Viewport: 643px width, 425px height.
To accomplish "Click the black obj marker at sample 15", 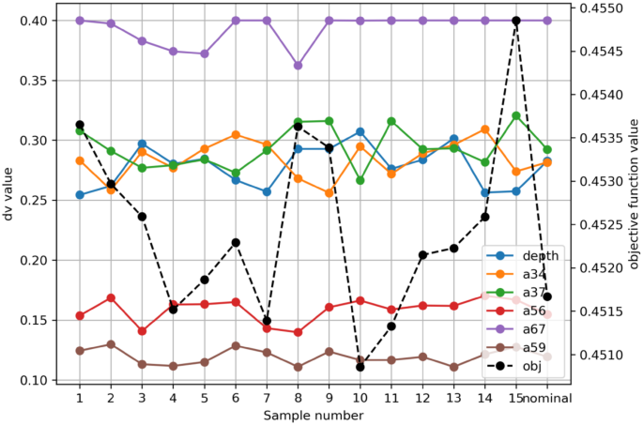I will pyautogui.click(x=516, y=21).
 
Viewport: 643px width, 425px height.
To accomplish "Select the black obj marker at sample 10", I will pyautogui.click(x=360, y=367).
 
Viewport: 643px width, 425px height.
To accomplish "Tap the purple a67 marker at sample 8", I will pyautogui.click(x=298, y=66).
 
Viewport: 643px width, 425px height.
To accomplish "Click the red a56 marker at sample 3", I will pyautogui.click(x=142, y=331).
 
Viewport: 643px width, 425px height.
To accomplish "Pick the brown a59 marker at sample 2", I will pyautogui.click(x=111, y=344).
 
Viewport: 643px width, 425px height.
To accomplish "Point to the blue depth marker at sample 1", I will pyautogui.click(x=80, y=195).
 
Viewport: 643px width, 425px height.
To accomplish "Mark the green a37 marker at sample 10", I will pyautogui.click(x=360, y=180).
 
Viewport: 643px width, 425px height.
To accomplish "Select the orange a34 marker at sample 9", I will pyautogui.click(x=329, y=193).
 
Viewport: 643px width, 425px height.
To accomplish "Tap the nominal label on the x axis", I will pyautogui.click(x=548, y=398).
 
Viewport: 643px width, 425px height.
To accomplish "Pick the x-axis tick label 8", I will pyautogui.click(x=298, y=398).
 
